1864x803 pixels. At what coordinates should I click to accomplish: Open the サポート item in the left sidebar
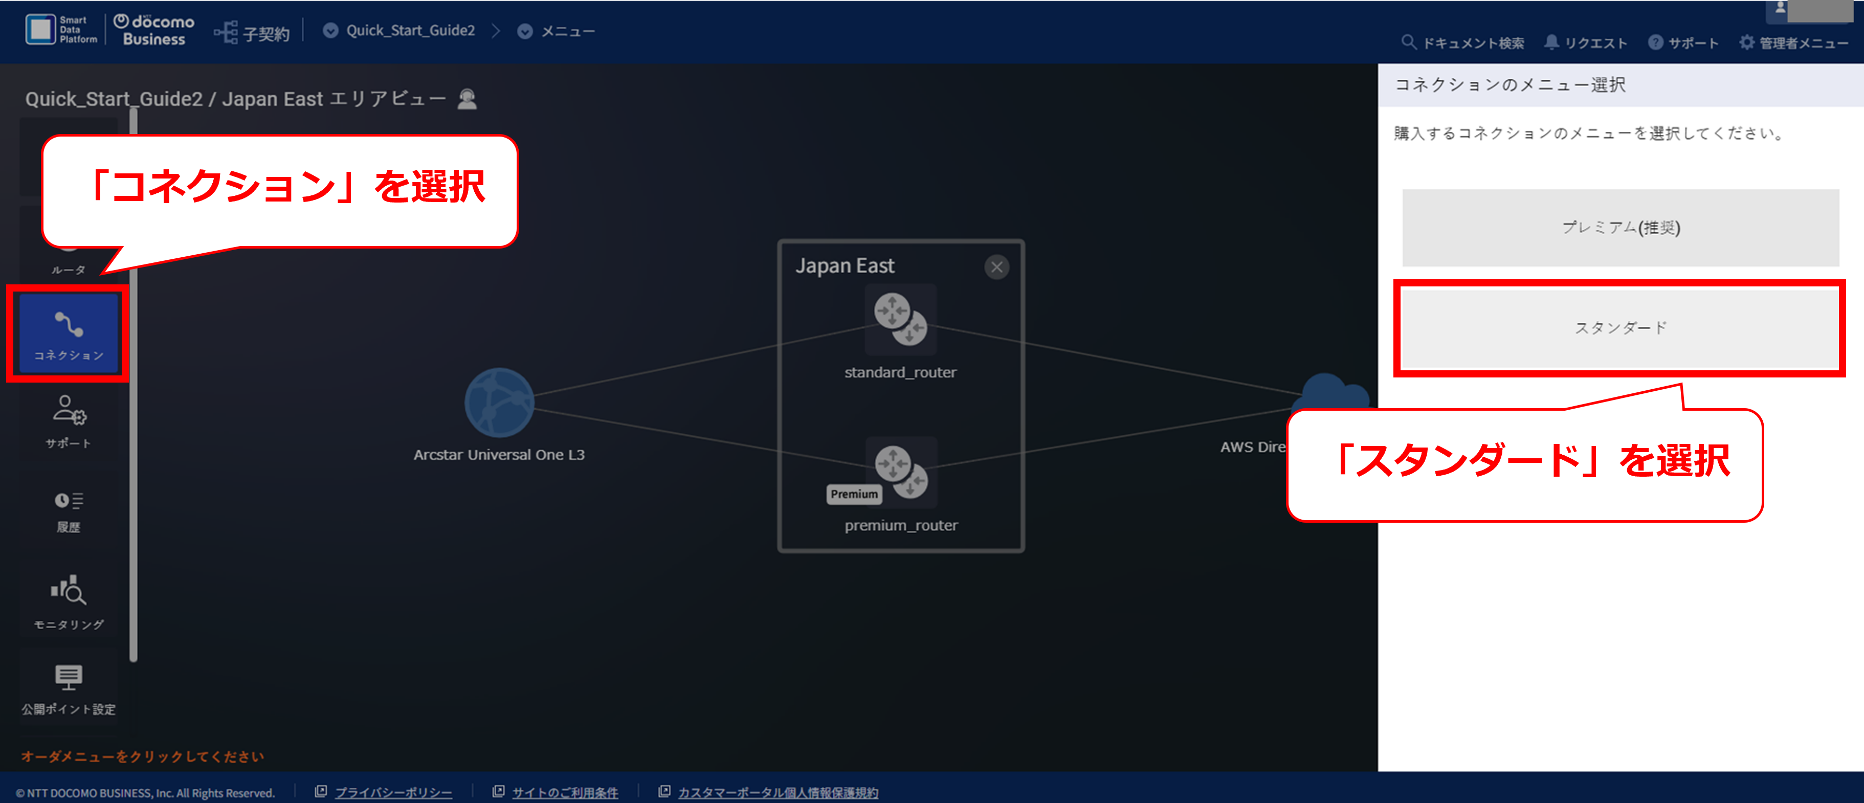click(x=69, y=422)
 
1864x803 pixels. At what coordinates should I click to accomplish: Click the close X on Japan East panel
click(x=996, y=267)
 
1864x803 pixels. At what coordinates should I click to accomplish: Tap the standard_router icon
click(x=901, y=320)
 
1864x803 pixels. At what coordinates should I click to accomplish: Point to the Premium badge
click(x=854, y=494)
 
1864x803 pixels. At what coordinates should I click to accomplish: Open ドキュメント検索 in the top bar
click(x=1462, y=42)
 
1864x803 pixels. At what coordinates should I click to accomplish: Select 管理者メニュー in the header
click(x=1794, y=42)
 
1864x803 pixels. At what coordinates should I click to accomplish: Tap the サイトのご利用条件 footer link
click(x=565, y=792)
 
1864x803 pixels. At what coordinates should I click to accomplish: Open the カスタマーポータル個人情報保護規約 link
click(x=778, y=792)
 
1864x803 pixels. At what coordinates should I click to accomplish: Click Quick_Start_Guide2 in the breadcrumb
click(x=410, y=30)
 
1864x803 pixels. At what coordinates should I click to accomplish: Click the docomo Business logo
click(x=154, y=30)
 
